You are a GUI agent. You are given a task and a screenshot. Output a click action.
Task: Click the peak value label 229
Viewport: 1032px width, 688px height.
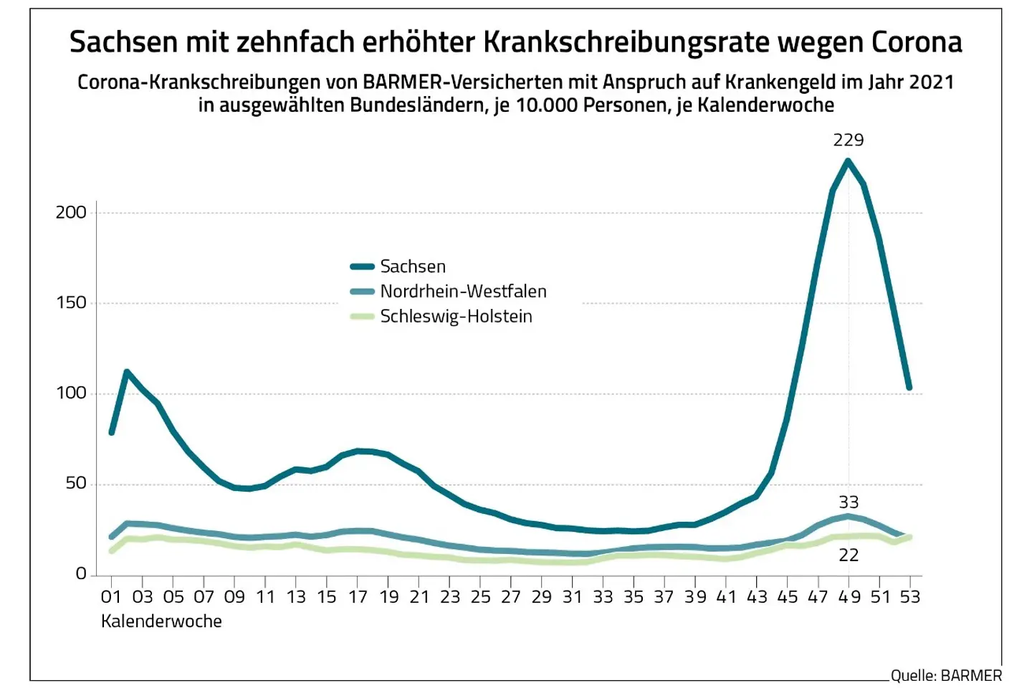(x=848, y=140)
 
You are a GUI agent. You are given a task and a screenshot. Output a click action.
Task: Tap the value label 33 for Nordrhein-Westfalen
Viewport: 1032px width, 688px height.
(x=849, y=502)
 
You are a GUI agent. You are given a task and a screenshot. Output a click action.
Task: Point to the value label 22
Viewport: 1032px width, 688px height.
(x=849, y=555)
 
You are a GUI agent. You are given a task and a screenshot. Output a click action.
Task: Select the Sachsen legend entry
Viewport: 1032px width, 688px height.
(x=413, y=267)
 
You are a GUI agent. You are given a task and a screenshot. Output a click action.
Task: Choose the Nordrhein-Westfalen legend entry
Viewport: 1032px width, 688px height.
(x=463, y=292)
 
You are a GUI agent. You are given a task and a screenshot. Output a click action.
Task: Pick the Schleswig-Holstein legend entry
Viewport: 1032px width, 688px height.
(x=456, y=317)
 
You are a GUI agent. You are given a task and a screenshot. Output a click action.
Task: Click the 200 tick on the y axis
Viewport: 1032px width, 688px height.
(x=71, y=212)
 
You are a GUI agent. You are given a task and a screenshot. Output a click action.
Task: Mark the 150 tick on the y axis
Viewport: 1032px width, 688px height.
(x=71, y=302)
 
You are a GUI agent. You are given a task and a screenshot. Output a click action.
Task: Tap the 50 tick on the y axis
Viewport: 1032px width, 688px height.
(x=75, y=483)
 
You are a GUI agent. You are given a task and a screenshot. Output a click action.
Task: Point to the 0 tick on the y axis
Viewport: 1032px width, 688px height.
(x=81, y=573)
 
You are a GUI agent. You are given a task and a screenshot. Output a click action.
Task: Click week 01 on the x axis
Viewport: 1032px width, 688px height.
(x=111, y=596)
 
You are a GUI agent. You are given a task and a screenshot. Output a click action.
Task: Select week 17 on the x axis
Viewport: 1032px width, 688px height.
(x=357, y=596)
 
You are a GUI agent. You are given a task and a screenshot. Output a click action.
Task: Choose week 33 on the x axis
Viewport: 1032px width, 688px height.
(x=603, y=596)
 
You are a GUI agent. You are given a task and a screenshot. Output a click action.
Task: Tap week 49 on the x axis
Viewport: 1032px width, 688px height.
(x=849, y=596)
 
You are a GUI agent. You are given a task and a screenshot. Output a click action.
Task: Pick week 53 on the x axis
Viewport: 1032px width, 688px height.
(x=910, y=596)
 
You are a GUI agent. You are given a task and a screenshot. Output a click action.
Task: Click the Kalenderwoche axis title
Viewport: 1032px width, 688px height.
(x=161, y=621)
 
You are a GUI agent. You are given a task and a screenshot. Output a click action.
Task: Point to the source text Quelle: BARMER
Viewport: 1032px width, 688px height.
(x=946, y=675)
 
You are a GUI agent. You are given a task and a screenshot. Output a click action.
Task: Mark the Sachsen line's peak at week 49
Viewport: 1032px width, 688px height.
(x=849, y=161)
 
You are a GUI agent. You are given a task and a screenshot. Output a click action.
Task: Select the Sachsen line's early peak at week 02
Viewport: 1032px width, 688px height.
(x=127, y=371)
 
